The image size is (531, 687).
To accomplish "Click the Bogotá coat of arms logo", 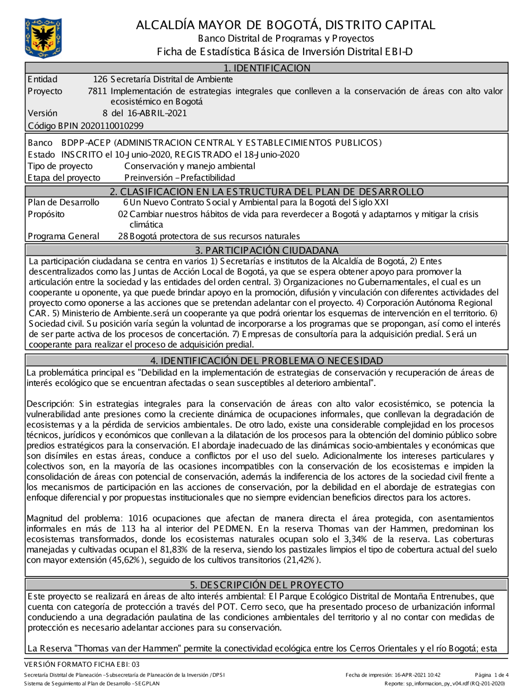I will pyautogui.click(x=43, y=38).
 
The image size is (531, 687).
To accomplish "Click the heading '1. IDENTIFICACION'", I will pyautogui.click(x=266, y=68).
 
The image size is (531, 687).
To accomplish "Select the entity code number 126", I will pyautogui.click(x=100, y=80).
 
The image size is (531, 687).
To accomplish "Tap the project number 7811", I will pyautogui.click(x=97, y=91).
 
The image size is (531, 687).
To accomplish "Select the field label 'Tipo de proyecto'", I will pyautogui.click(x=60, y=166).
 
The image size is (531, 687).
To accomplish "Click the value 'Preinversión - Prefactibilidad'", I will pyautogui.click(x=179, y=178).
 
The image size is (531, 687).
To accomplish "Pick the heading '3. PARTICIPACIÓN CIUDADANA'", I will pyautogui.click(x=266, y=250).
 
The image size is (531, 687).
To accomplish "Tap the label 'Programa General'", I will pyautogui.click(x=63, y=236).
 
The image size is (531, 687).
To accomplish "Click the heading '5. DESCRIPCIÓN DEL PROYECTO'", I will pyautogui.click(x=266, y=585).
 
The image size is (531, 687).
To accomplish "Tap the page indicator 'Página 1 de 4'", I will pyautogui.click(x=492, y=675).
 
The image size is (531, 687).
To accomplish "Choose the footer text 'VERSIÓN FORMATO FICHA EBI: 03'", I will pyautogui.click(x=82, y=664).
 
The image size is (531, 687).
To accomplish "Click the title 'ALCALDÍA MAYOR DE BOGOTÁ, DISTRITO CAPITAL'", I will pyautogui.click(x=285, y=25).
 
